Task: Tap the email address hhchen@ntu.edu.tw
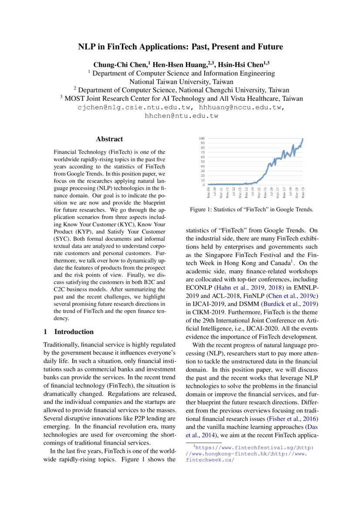(181, 116)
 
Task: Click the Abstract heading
(109, 139)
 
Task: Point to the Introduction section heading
(74, 332)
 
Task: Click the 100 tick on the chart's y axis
(202, 138)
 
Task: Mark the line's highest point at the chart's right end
(303, 139)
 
